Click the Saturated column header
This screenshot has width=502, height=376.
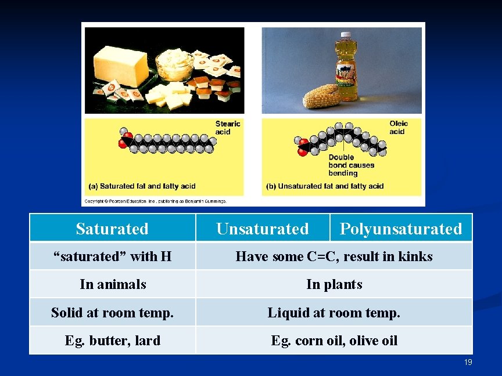112,229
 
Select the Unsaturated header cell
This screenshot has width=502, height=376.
262,229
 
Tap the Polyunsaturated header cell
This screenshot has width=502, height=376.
400,229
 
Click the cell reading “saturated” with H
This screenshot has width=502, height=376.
112,256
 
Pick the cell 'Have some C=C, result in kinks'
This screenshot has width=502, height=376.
334,256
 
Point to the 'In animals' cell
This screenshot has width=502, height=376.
112,284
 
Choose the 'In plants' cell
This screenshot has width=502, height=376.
334,284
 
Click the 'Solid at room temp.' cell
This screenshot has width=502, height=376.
112,313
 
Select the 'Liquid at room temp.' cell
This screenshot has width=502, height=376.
334,313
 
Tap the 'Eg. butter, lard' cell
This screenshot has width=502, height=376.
112,340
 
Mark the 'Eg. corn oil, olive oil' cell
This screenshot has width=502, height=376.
334,340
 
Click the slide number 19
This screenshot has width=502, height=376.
468,362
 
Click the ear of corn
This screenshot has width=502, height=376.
321,96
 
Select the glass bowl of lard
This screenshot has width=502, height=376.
174,64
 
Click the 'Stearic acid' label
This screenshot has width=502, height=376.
227,128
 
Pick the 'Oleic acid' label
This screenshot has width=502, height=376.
398,127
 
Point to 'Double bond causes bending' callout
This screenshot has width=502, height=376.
351,165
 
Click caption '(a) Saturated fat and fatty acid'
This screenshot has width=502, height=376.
142,186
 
